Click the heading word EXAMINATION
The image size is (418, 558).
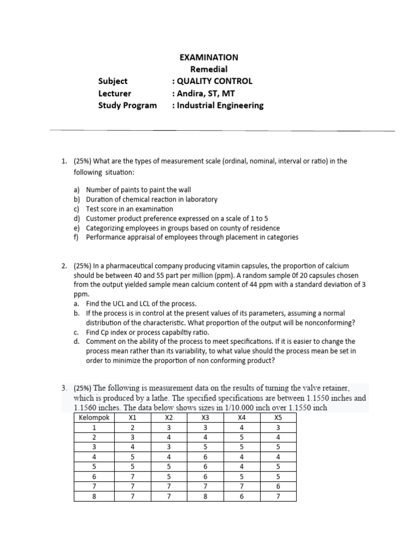(x=208, y=57)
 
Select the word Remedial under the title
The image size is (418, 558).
(x=208, y=69)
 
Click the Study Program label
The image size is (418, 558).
(x=127, y=105)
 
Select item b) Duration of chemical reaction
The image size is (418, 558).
(x=151, y=199)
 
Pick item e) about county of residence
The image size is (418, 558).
(x=183, y=228)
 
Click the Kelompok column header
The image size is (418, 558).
(x=94, y=418)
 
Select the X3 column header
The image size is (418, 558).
(x=205, y=418)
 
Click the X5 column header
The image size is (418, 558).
(x=278, y=418)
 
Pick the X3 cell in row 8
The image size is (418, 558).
(x=205, y=496)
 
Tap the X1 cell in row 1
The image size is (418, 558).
(x=132, y=428)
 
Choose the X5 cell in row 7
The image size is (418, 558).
(x=278, y=487)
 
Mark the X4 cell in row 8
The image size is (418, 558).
(x=242, y=496)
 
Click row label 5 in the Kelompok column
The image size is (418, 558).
(x=94, y=467)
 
